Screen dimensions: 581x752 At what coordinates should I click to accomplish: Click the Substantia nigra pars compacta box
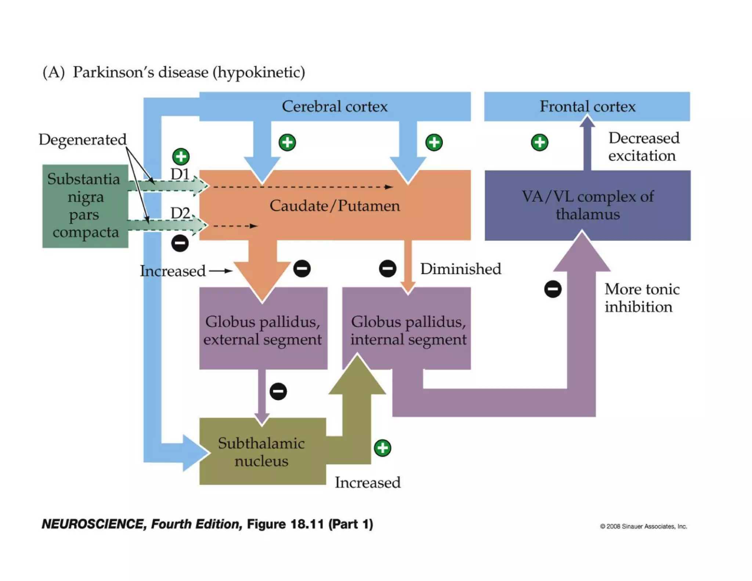[x=85, y=206]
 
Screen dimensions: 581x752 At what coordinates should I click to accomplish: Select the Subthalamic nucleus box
[x=261, y=452]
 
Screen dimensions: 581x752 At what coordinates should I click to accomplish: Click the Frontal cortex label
[x=587, y=107]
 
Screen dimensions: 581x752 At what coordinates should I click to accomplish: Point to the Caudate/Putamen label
[x=335, y=206]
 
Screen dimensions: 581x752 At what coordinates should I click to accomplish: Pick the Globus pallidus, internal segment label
[x=408, y=330]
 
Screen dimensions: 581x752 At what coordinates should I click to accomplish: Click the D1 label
[x=180, y=174]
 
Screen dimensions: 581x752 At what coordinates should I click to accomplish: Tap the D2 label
[x=180, y=213]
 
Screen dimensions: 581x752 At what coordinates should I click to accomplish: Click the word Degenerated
[x=83, y=140]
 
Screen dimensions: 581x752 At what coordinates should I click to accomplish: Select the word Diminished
[x=460, y=269]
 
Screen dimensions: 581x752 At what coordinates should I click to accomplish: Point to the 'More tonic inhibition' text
[x=642, y=298]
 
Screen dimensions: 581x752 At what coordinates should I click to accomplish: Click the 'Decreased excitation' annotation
[x=644, y=147]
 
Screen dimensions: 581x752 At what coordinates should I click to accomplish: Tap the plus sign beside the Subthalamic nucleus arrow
[x=383, y=448]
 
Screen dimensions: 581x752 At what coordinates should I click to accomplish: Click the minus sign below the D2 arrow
[x=180, y=243]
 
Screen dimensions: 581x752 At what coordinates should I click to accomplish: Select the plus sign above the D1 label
[x=181, y=157]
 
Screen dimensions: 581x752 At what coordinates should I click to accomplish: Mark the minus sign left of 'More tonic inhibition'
[x=553, y=289]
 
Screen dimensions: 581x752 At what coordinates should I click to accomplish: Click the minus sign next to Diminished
[x=387, y=268]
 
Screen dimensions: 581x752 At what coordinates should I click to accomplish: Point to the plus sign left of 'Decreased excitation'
[x=539, y=142]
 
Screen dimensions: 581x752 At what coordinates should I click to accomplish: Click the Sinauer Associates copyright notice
[x=643, y=526]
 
